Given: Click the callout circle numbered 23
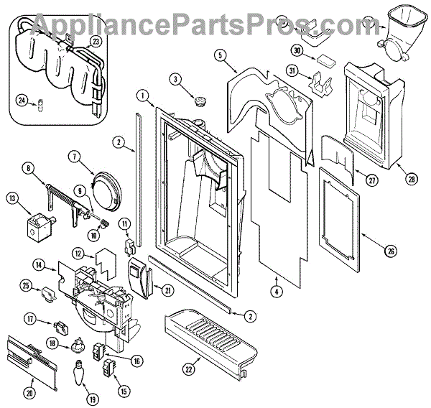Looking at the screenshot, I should pos(96,42).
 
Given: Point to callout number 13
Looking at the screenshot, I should pos(11,198).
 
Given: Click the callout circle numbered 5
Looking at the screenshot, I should pos(221,55).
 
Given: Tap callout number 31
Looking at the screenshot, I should pos(292,70).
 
